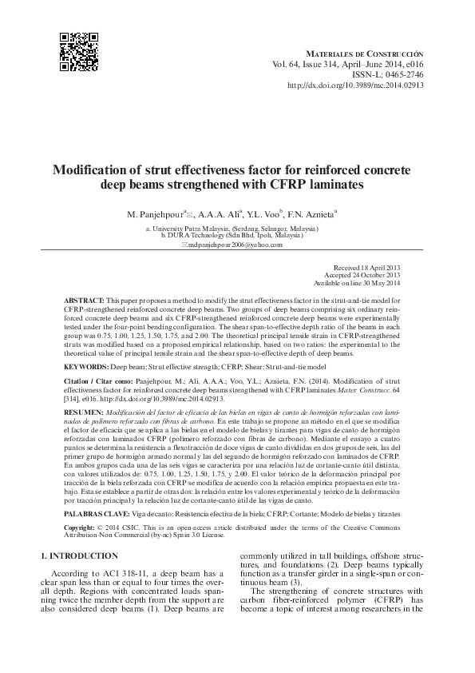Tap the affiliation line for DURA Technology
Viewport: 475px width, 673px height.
232,237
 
